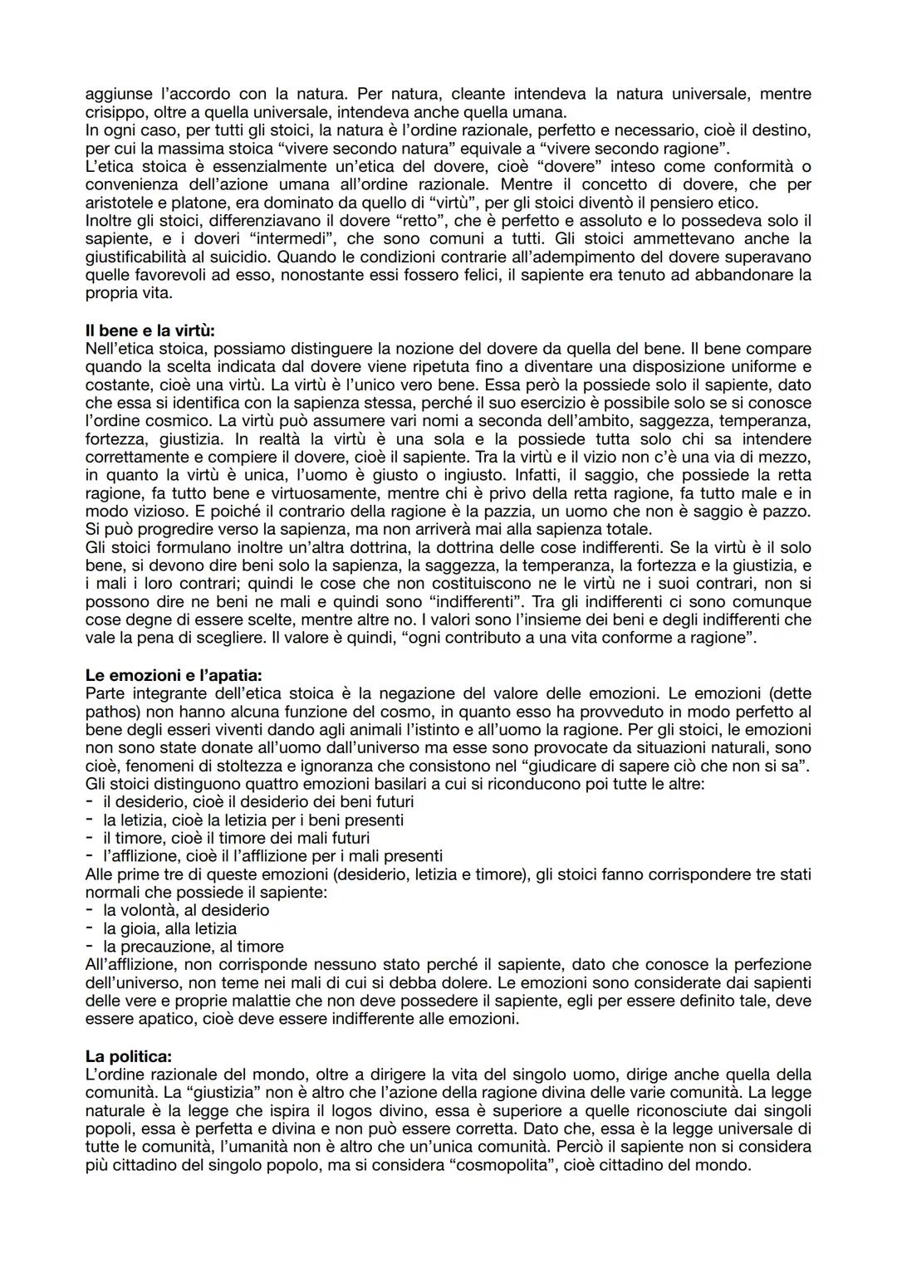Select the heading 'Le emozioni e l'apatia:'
tap(173, 675)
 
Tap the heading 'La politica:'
tap(129, 1056)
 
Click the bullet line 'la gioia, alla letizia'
tap(169, 928)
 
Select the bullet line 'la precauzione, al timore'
tap(193, 947)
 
